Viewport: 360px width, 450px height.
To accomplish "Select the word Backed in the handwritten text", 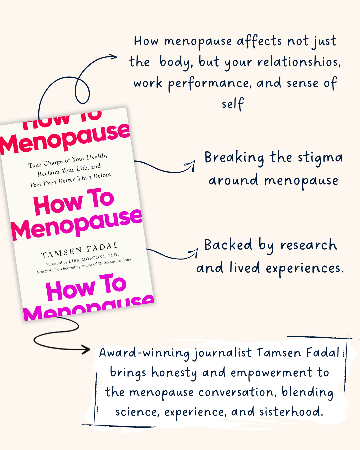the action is pyautogui.click(x=228, y=245).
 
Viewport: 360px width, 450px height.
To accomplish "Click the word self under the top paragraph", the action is pyautogui.click(x=233, y=104).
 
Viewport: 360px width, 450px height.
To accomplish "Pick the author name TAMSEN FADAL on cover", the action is pyautogui.click(x=80, y=251).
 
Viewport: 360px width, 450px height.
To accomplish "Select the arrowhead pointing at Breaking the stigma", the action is pyautogui.click(x=193, y=164).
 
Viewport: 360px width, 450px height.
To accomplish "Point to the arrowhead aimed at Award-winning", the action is pyautogui.click(x=87, y=350).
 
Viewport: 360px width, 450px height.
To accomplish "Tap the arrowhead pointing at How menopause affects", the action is pyautogui.click(x=114, y=57).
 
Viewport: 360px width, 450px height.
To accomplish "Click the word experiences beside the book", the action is pyautogui.click(x=305, y=268).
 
